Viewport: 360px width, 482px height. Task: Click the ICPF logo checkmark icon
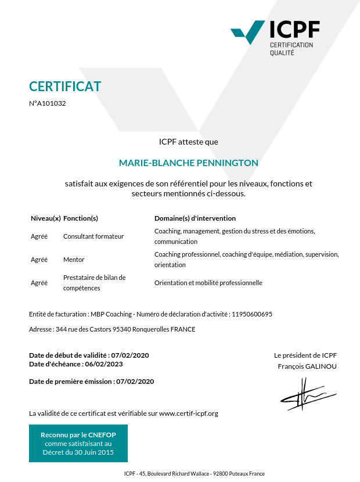pos(249,33)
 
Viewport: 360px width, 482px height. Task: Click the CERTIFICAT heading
pos(65,87)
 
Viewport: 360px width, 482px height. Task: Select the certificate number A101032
pos(49,103)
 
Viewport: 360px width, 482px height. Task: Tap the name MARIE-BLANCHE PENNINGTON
pos(188,163)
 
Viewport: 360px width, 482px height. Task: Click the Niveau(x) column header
pos(45,218)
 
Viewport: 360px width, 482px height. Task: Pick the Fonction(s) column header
pos(80,218)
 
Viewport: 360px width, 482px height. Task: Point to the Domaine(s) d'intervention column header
pos(195,218)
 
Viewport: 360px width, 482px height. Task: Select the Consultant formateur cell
pos(93,236)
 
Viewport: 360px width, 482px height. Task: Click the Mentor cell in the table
pos(74,260)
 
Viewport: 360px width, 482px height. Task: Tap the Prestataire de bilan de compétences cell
pos(94,283)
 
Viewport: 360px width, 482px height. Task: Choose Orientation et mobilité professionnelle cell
pos(208,283)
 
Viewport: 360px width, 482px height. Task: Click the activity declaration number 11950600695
pos(252,314)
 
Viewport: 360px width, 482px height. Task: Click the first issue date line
pos(92,382)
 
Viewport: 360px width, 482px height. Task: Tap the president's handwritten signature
pos(307,394)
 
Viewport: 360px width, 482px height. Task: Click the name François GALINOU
pos(307,366)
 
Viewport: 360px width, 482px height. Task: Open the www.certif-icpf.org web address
pos(189,413)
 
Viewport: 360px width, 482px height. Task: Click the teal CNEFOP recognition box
pos(78,443)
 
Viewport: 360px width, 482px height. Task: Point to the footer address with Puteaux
pos(195,473)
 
